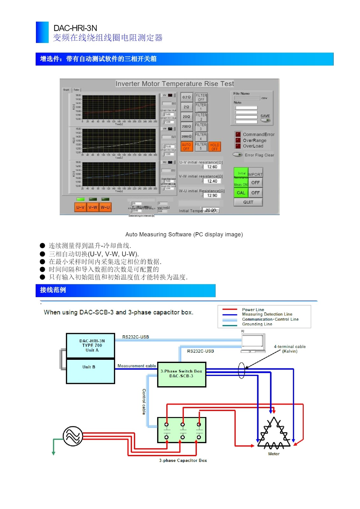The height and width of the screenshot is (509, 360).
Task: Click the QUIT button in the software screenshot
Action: click(x=248, y=202)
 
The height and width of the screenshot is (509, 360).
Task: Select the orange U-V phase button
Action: click(x=80, y=207)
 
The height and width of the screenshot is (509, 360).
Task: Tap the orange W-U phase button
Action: click(x=105, y=207)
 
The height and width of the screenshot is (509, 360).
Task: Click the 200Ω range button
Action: click(x=186, y=127)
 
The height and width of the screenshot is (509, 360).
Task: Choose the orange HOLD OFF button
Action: click(x=215, y=147)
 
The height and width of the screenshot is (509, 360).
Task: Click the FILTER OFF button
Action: click(x=201, y=97)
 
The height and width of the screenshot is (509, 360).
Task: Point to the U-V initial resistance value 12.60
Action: click(x=212, y=167)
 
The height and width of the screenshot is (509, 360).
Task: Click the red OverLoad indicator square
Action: click(x=238, y=146)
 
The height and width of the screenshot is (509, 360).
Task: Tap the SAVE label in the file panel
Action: click(x=265, y=116)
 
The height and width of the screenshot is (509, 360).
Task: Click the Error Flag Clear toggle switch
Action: click(x=238, y=155)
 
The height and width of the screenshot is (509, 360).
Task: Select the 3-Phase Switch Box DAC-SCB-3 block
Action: click(x=182, y=374)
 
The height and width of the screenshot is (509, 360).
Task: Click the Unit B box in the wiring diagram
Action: click(x=90, y=371)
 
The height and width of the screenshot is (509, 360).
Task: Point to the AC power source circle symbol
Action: click(x=73, y=436)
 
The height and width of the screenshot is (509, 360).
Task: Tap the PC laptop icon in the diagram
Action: click(x=253, y=343)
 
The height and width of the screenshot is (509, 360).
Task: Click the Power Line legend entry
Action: click(x=253, y=310)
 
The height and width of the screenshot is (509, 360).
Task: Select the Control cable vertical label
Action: click(x=144, y=401)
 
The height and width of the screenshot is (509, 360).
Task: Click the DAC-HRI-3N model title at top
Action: click(x=75, y=28)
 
